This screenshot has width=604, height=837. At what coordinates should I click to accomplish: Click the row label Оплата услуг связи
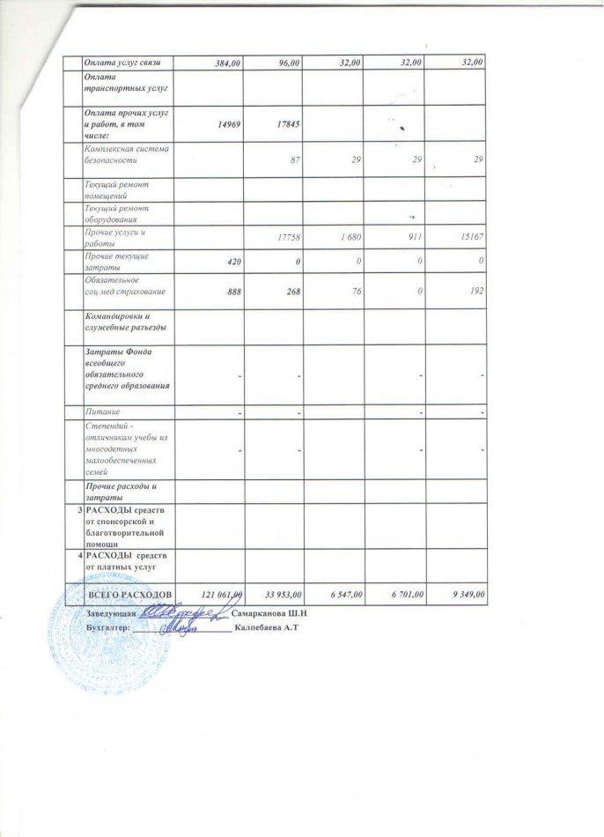(123, 62)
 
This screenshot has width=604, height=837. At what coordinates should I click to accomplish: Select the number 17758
(288, 237)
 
